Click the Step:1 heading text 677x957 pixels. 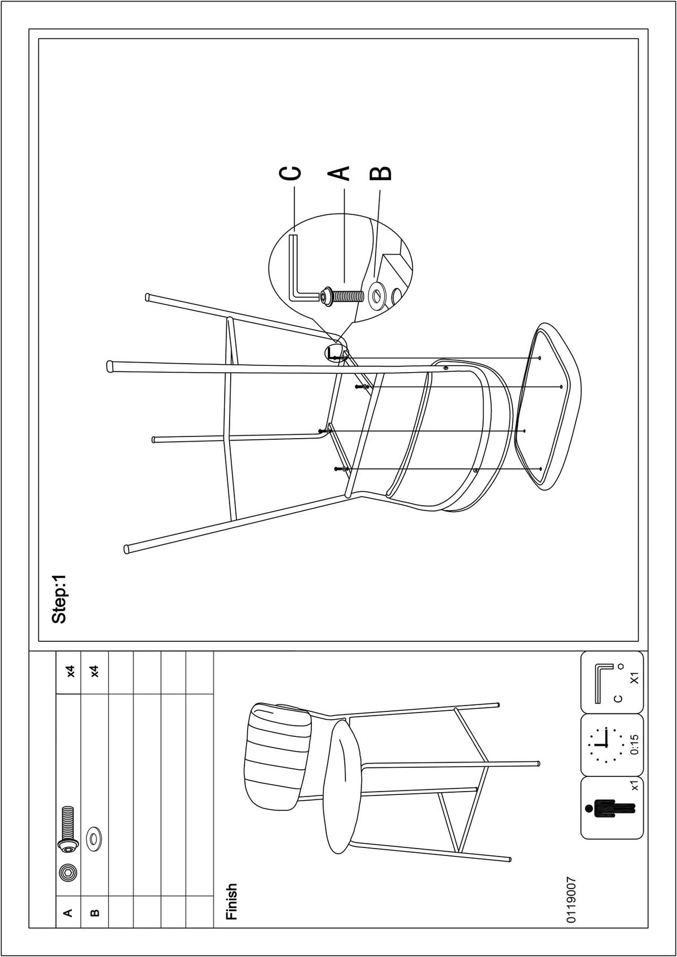click(59, 598)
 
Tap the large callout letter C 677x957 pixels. click(290, 173)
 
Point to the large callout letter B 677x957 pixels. click(380, 173)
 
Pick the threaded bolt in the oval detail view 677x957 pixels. click(341, 296)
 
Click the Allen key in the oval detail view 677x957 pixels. click(304, 266)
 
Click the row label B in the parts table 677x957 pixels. click(95, 912)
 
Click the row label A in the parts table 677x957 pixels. click(68, 912)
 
